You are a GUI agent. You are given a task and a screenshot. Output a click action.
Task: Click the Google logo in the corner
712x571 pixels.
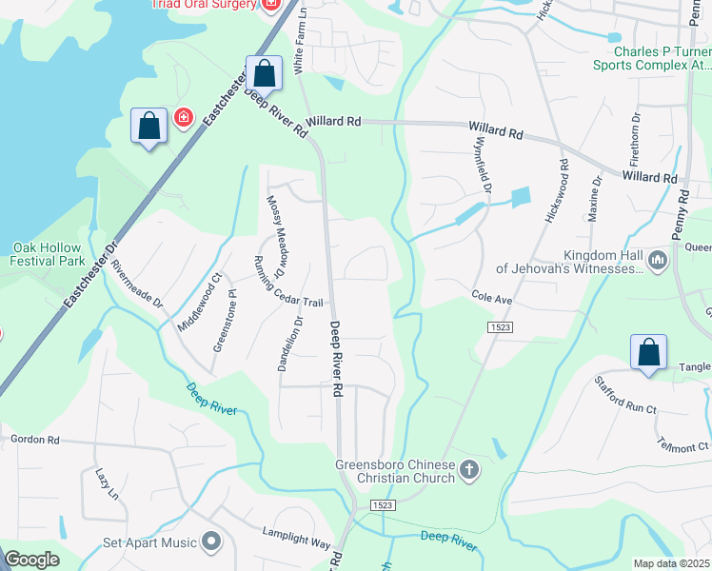pyautogui.click(x=31, y=560)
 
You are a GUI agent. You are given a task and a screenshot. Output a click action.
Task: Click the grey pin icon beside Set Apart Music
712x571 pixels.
pyautogui.click(x=210, y=542)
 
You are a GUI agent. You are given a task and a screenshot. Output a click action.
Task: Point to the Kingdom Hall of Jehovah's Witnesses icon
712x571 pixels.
pyautogui.click(x=657, y=260)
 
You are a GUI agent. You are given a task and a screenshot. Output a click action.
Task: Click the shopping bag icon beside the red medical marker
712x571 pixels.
pyautogui.click(x=149, y=126)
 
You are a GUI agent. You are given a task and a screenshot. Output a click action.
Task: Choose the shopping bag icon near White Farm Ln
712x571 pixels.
pyautogui.click(x=264, y=73)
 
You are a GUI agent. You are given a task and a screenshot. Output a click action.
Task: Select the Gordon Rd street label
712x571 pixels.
pyautogui.click(x=34, y=440)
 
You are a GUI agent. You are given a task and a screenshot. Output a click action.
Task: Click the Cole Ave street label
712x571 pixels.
pyautogui.click(x=492, y=298)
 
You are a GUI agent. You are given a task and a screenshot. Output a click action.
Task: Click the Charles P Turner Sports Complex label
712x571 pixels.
pyautogui.click(x=651, y=58)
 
